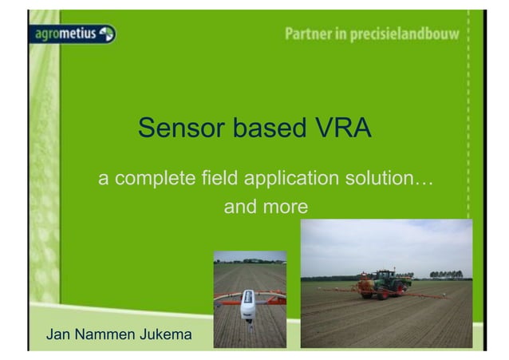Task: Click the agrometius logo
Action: [74, 34]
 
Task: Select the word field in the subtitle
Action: [223, 177]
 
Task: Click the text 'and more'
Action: [265, 208]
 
